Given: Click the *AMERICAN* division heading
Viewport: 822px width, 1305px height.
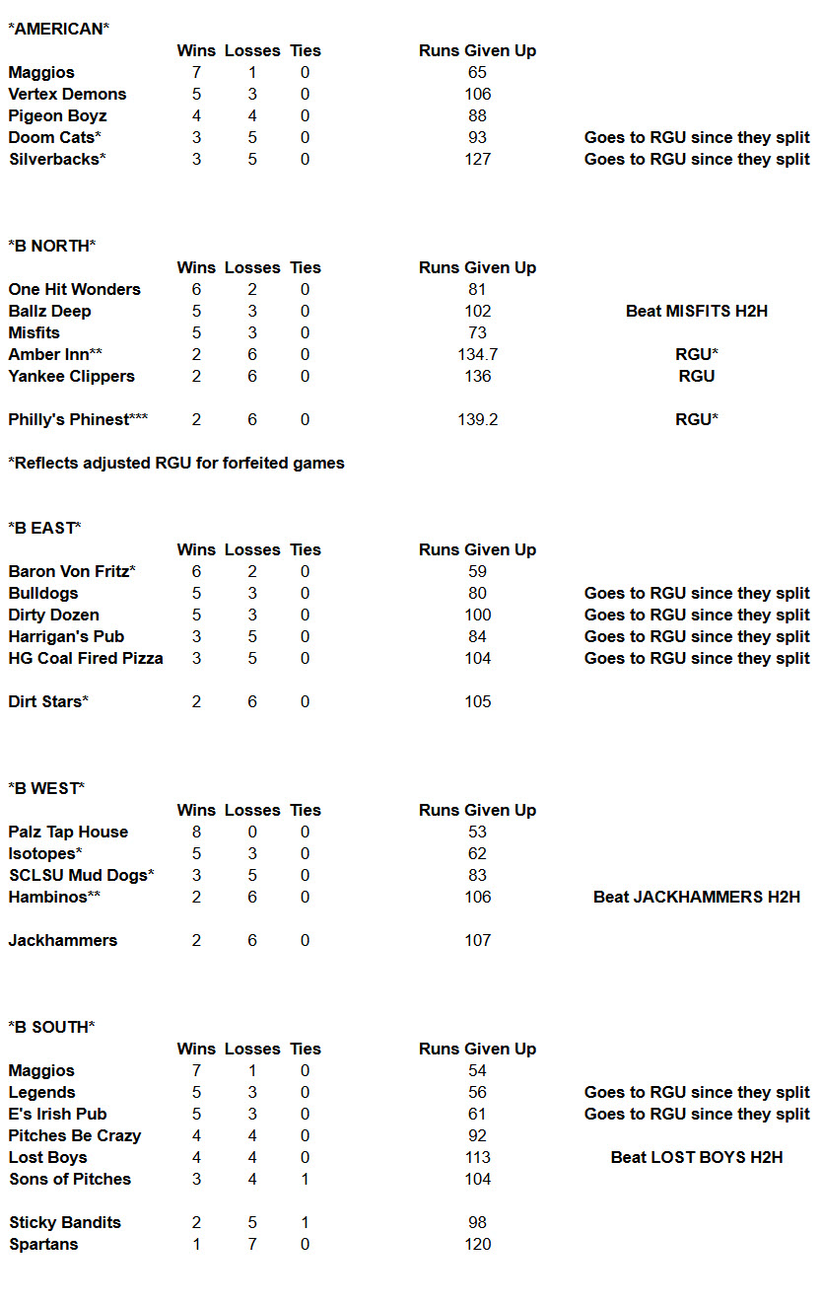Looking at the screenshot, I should point(58,29).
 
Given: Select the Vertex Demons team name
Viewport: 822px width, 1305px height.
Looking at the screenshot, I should point(67,94).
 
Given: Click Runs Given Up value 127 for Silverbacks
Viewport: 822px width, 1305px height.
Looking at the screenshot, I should point(477,159).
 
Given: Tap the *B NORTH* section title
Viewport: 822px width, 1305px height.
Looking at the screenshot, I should point(51,246).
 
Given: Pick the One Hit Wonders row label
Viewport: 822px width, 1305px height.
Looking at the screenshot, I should point(74,289).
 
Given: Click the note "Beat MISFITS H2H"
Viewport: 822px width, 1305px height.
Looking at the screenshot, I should point(696,311).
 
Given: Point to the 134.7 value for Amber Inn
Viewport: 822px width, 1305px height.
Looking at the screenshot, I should point(477,354).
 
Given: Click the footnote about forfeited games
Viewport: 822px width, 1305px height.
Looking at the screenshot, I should point(176,463).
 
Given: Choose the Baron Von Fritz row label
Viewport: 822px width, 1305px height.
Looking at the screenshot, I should point(72,571).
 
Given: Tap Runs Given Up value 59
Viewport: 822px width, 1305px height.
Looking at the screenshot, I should point(477,571).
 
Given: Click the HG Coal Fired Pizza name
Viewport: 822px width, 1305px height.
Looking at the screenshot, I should point(86,658).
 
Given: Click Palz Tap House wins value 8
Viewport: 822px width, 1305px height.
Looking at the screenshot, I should point(196,832).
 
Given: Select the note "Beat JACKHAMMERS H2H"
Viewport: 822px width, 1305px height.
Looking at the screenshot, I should point(696,897).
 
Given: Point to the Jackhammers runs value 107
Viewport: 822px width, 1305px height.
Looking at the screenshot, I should point(477,940).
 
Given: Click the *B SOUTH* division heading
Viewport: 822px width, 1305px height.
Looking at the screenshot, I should point(51,1027).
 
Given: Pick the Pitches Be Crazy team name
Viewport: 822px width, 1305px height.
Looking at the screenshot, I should point(74,1135).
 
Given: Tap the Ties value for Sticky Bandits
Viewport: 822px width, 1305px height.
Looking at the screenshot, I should point(305,1222).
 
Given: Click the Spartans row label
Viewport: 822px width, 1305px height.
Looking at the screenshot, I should point(43,1244).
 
